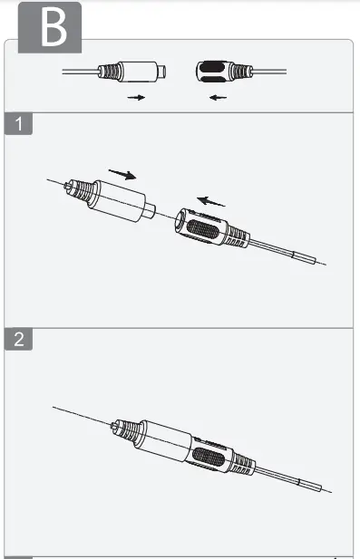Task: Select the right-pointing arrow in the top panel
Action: pyautogui.click(x=136, y=97)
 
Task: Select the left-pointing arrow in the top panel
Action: pyautogui.click(x=218, y=97)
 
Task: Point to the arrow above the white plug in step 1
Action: pyautogui.click(x=123, y=173)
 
